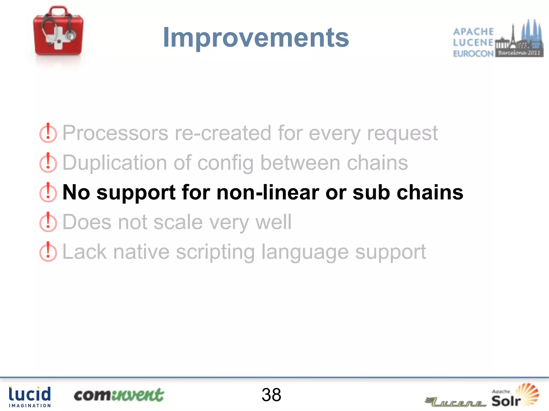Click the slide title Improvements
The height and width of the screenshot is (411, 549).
256,38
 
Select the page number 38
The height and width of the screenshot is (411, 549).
271,395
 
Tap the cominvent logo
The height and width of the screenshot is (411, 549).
119,395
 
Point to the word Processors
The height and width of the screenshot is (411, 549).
115,133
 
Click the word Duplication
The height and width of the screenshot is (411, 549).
115,163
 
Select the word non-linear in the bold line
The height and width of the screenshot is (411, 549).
268,192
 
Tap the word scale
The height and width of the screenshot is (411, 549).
178,222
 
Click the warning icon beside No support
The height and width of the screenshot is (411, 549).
48,192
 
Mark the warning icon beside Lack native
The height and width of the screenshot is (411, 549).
48,252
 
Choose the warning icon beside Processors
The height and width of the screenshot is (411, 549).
48,133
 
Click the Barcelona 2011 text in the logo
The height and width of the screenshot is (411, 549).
519,53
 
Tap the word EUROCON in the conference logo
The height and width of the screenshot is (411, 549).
473,54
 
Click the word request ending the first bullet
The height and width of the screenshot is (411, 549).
402,134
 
